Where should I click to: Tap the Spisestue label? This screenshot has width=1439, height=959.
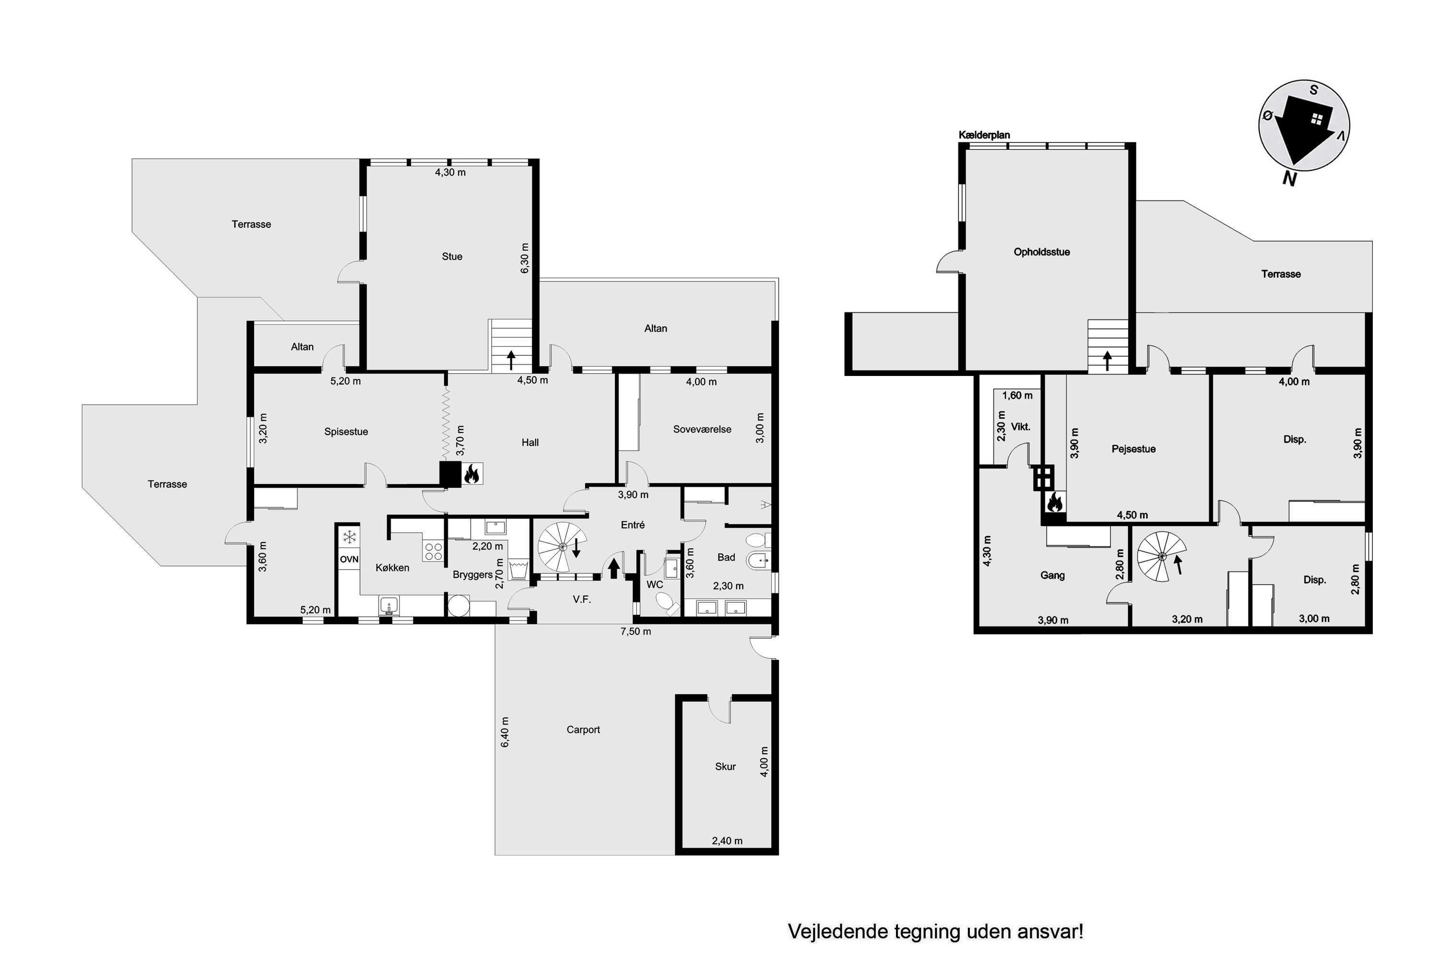coord(346,432)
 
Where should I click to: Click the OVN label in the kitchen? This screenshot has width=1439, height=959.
coord(349,559)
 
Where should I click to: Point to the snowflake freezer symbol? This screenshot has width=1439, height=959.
coord(349,538)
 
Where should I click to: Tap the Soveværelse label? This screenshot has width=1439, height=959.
coord(702,429)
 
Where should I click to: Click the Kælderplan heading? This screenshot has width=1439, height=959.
coord(984,135)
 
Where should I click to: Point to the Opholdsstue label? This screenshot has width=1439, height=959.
coord(1041,252)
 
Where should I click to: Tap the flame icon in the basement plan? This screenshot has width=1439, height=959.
coord(1054,502)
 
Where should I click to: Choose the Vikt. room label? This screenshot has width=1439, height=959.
coord(1021,427)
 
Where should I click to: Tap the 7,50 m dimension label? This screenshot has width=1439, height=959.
coord(636,631)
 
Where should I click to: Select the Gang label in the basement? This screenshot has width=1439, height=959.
coord(1052,575)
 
